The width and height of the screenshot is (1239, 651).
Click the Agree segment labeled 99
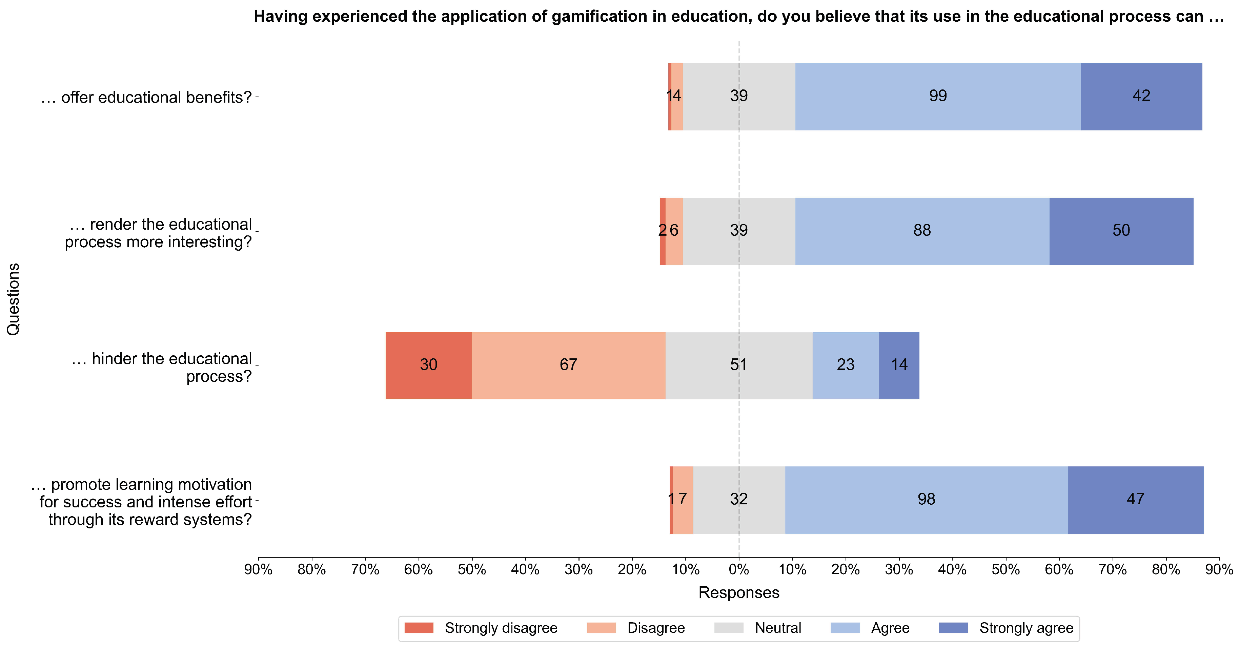point(938,96)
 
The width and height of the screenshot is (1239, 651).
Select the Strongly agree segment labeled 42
point(1141,96)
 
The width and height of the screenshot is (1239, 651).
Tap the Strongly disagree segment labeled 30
point(429,365)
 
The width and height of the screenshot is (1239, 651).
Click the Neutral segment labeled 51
point(739,365)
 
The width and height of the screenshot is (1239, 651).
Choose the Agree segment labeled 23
point(846,365)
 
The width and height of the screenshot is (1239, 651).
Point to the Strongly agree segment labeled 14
point(899,365)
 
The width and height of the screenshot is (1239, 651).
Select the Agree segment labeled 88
point(922,231)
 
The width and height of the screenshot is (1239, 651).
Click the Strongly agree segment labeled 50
point(1121,231)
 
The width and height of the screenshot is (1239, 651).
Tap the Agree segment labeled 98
point(926,500)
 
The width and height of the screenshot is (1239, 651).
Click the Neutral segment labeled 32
point(739,500)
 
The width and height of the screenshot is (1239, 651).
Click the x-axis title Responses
point(739,592)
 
